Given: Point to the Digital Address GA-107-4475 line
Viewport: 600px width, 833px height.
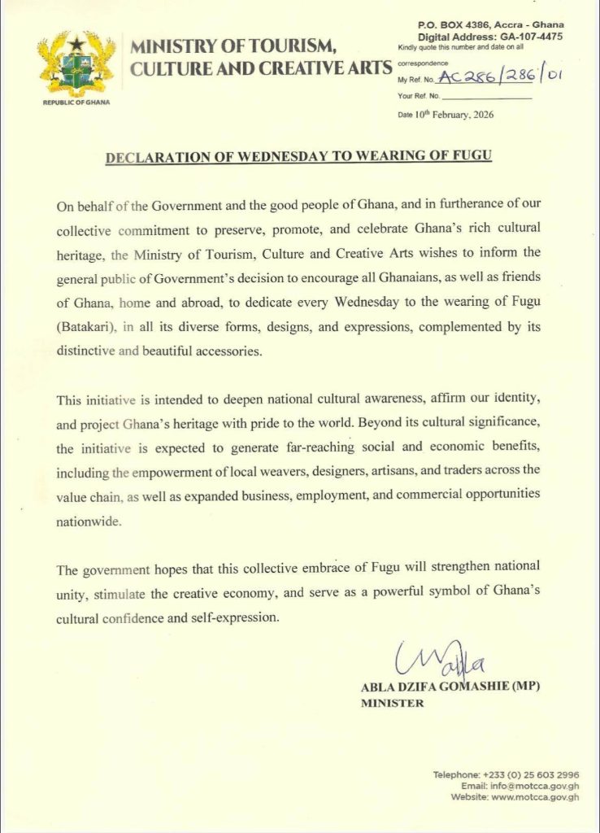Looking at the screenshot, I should (489, 37).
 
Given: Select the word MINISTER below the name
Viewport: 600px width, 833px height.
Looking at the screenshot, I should (392, 704).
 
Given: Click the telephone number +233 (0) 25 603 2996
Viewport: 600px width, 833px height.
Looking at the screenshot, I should (530, 774).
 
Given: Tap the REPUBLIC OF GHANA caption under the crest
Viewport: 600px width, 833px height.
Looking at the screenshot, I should (76, 103).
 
